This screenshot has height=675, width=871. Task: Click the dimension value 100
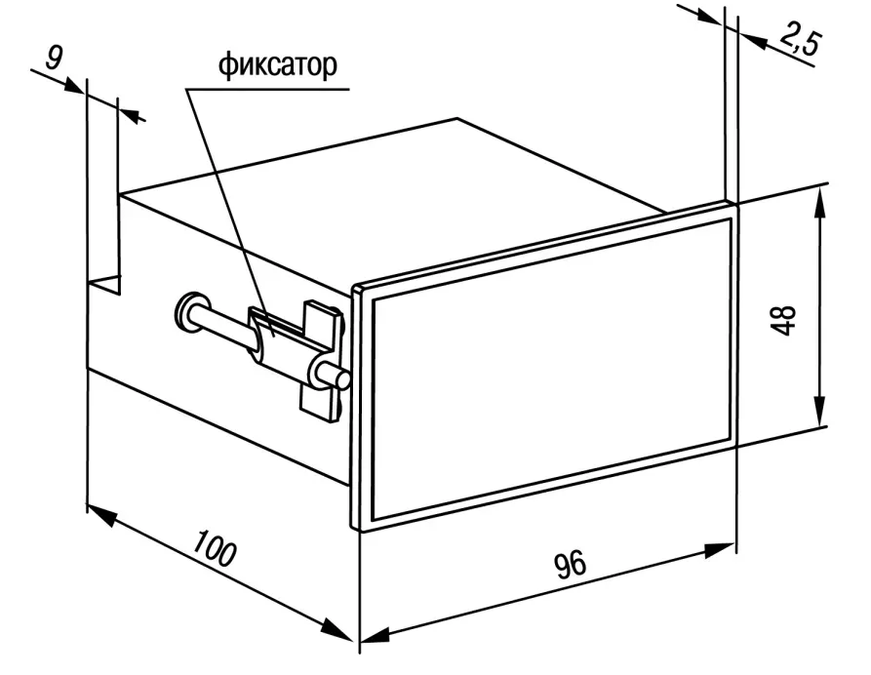(x=215, y=548)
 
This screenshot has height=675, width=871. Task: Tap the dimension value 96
(x=570, y=564)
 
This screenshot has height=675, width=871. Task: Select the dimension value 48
(x=783, y=320)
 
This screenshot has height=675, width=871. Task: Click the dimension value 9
(x=54, y=58)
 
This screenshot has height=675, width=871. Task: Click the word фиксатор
(x=277, y=65)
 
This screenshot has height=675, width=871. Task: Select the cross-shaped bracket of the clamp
(x=321, y=361)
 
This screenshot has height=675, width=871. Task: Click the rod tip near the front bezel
(x=340, y=379)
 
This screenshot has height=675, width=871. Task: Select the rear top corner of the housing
(x=457, y=118)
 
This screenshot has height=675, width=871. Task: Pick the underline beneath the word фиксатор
(x=268, y=89)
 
